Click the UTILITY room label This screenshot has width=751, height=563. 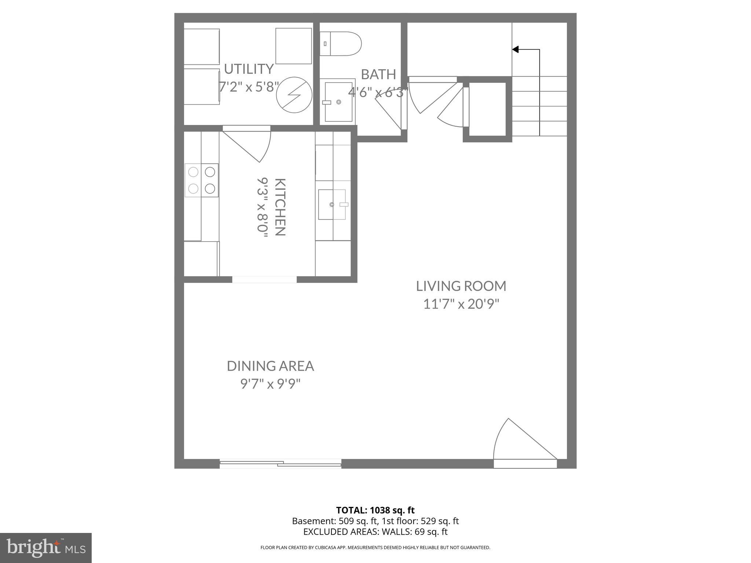(249, 69)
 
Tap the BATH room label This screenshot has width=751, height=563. (378, 74)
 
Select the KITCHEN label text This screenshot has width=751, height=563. (280, 207)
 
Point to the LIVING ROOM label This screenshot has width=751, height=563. (461, 286)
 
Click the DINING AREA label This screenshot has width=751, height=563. (270, 366)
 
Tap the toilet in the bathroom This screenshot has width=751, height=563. (341, 44)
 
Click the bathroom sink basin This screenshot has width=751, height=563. (337, 102)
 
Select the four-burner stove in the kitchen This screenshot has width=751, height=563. (201, 180)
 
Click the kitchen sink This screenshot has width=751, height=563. (332, 205)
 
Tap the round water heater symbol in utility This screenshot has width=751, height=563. (294, 95)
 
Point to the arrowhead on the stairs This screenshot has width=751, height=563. (515, 49)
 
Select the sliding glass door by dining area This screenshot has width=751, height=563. (281, 464)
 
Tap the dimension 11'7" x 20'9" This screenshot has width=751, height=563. (461, 304)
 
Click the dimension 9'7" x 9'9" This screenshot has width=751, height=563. (270, 384)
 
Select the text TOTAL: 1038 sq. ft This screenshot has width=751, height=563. (375, 510)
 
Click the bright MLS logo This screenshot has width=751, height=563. (45, 548)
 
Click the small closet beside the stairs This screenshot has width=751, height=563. (487, 109)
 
